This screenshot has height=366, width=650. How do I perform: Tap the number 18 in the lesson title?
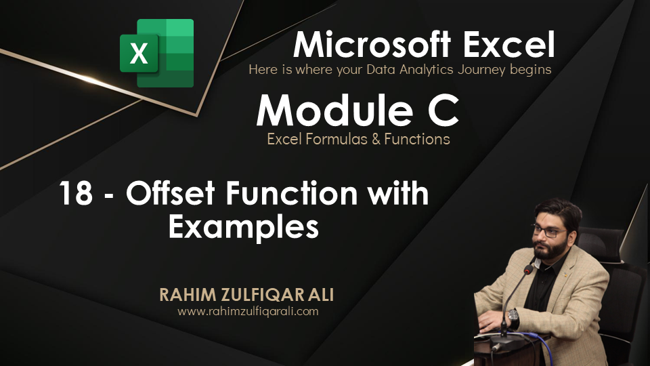coord(76,195)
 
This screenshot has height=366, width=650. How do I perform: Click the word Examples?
coord(244,226)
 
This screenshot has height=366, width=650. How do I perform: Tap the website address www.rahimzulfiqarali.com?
coord(248,312)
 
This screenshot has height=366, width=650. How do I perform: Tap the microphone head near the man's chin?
coord(529,268)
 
